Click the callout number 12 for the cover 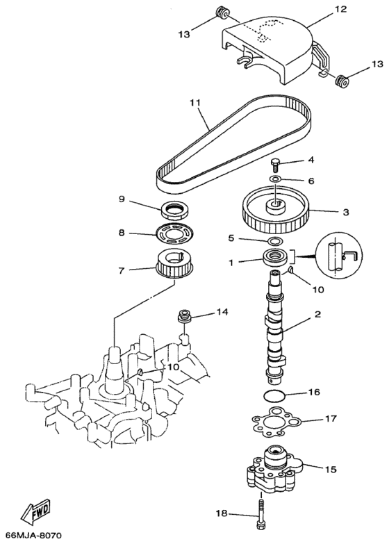click(320, 10)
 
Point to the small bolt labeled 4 click(276, 165)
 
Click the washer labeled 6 click(276, 179)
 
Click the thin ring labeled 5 click(274, 241)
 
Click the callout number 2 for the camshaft click(317, 315)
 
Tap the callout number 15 click(331, 470)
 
